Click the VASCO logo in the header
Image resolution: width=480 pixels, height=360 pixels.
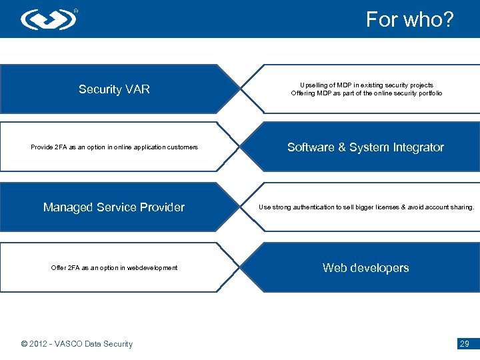[49, 19]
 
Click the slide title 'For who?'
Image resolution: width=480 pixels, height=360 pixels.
[409, 19]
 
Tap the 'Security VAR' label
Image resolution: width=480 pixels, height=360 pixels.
[114, 89]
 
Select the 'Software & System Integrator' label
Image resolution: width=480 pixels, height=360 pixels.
[365, 147]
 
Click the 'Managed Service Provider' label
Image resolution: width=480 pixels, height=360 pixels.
[114, 207]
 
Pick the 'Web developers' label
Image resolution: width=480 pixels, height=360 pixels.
[365, 268]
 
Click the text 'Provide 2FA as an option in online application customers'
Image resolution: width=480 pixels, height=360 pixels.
[114, 147]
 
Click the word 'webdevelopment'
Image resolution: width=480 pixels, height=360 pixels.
[154, 268]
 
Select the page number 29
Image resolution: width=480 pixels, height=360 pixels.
[465, 344]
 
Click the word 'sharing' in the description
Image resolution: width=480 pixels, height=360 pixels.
[460, 207]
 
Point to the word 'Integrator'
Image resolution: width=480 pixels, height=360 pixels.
[417, 147]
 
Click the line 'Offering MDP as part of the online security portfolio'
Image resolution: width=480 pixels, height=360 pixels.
[366, 93]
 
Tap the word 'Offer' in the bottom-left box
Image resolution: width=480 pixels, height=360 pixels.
[59, 268]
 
